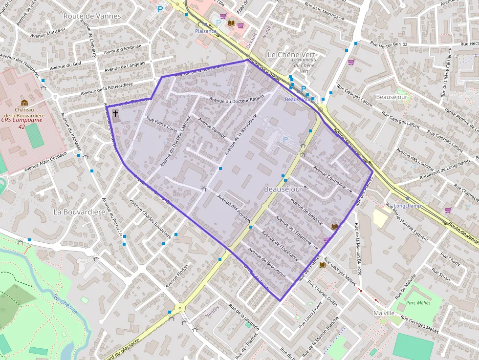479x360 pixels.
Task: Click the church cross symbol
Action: tap(116, 114)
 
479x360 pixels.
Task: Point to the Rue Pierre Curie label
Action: tap(162, 124)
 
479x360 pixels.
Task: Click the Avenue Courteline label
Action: tap(329, 179)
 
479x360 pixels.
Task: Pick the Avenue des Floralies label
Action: tap(234, 208)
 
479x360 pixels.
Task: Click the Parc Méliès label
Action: tap(418, 303)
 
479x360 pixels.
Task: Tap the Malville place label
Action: tap(383, 313)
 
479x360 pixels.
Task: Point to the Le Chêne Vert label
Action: tap(288, 54)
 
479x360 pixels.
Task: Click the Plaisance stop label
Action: tap(205, 31)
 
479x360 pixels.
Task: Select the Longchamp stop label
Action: tap(407, 206)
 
